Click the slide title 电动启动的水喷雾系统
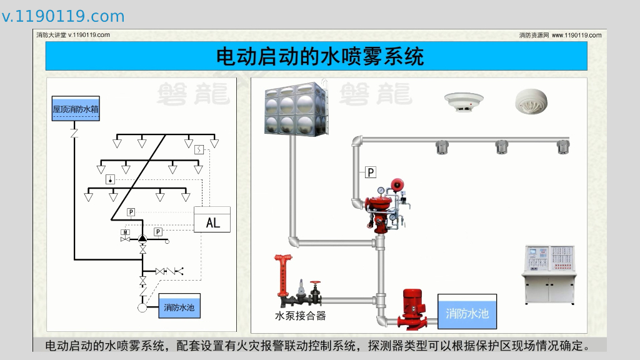[319, 57]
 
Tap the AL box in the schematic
[212, 221]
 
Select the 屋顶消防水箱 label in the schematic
[76, 109]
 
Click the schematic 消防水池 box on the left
[180, 307]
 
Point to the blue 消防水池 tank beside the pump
[467, 312]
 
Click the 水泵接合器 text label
[301, 316]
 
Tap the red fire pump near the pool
[414, 308]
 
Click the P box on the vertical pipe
[371, 172]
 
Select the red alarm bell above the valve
[395, 184]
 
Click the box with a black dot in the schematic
[111, 179]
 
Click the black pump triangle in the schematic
[142, 237]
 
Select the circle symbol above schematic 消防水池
[142, 307]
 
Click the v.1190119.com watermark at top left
[63, 16]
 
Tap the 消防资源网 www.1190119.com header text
[560, 35]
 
